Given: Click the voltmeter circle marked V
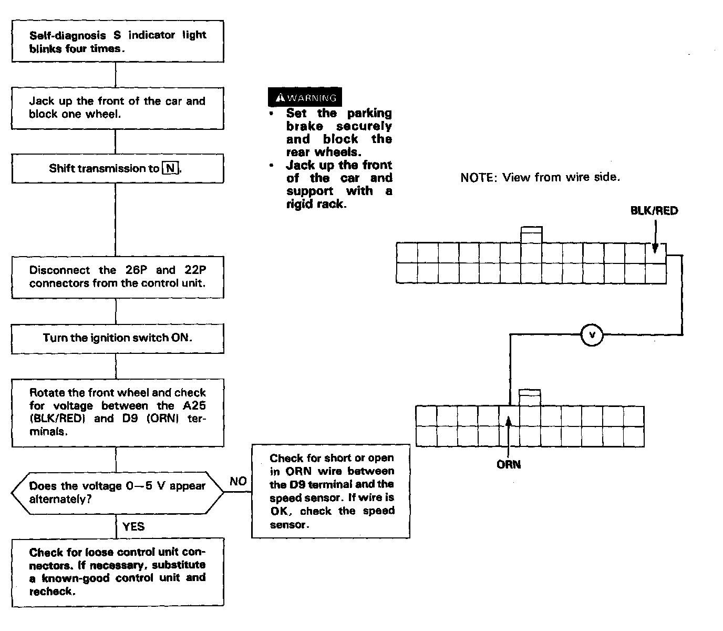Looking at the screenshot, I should pyautogui.click(x=592, y=335).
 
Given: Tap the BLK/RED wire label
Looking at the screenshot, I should pyautogui.click(x=654, y=211).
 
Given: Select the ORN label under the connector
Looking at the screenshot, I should pyautogui.click(x=508, y=464).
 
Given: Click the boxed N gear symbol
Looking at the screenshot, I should pyautogui.click(x=170, y=169).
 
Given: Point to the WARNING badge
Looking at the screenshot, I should pyautogui.click(x=305, y=97).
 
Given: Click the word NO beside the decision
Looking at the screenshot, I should pyautogui.click(x=238, y=481).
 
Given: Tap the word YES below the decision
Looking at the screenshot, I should pyautogui.click(x=133, y=526).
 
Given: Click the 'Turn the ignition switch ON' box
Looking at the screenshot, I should pyautogui.click(x=118, y=338).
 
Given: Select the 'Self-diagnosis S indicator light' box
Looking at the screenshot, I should pyautogui.click(x=118, y=42).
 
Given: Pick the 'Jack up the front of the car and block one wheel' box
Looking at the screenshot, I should pyautogui.click(x=118, y=108).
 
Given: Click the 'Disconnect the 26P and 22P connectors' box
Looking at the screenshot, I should pyautogui.click(x=118, y=277).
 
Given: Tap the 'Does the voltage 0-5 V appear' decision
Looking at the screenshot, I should pyautogui.click(x=118, y=493).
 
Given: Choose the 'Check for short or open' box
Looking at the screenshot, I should pyautogui.click(x=331, y=491).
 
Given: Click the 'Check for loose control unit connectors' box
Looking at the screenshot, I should pyautogui.click(x=118, y=572).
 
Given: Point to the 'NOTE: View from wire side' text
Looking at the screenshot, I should pyautogui.click(x=540, y=177).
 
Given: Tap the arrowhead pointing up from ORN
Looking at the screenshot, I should pyautogui.click(x=508, y=420).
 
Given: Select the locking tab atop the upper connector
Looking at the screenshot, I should pyautogui.click(x=531, y=235).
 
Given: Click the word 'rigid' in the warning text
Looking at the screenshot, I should pyautogui.click(x=299, y=204).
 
